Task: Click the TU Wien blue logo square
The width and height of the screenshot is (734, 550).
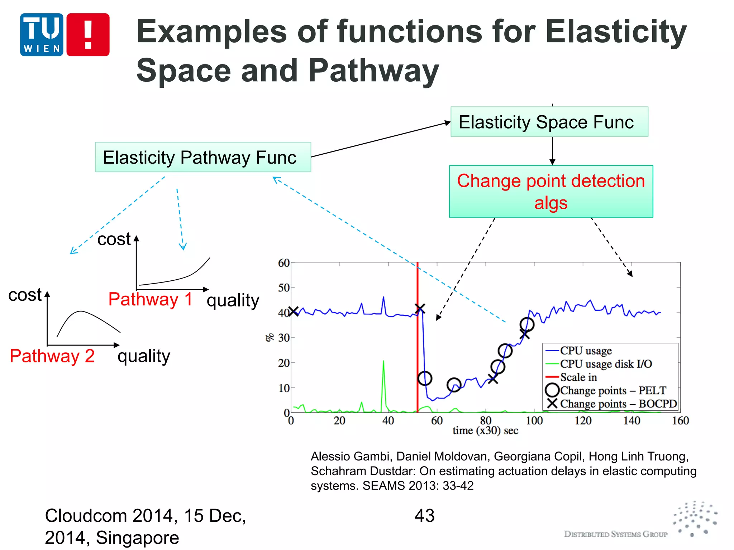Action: pos(42,35)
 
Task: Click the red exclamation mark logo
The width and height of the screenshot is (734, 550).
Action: pos(88,35)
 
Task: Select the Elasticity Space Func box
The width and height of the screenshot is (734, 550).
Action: pos(549,122)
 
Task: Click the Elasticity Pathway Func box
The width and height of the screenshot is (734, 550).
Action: pos(203,157)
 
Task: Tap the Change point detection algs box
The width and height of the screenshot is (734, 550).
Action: pos(551,191)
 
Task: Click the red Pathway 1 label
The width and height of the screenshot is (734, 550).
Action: pos(150,299)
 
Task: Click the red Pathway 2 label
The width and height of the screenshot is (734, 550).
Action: pos(52,356)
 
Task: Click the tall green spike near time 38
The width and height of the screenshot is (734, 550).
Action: pos(383,380)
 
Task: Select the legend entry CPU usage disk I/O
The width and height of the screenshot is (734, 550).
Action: pos(606,364)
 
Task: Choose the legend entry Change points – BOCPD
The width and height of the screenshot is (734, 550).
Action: pos(618,404)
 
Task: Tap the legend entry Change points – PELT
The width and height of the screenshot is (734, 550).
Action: pos(613,391)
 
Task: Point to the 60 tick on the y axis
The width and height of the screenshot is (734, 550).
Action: pos(284,263)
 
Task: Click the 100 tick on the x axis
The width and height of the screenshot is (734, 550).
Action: pos(534,421)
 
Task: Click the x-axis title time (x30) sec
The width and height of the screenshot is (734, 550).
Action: pos(485,431)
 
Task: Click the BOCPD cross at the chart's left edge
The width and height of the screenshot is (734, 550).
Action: pos(294,312)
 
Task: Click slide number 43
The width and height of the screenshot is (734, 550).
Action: pos(424,516)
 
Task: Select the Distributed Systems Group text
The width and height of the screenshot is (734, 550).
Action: pos(615,534)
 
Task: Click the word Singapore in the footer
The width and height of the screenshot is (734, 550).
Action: pos(138,538)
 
